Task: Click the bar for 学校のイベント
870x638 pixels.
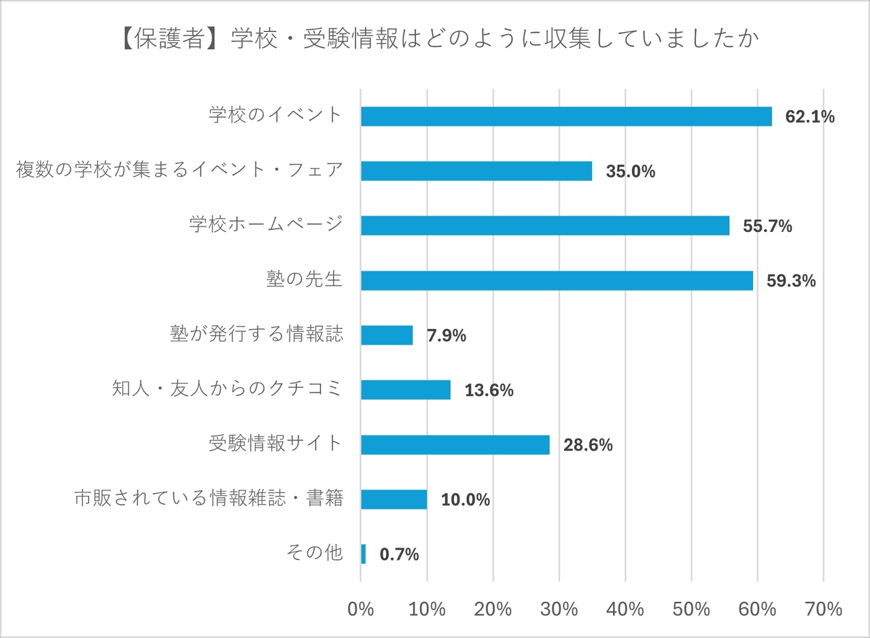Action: coord(565,117)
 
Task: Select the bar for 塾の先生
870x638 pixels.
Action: coord(556,281)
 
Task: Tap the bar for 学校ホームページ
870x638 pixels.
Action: coord(544,226)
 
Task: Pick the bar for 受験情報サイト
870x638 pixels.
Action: coord(455,445)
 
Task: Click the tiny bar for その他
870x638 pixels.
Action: coord(363,554)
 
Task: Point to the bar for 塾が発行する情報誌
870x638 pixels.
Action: coord(386,335)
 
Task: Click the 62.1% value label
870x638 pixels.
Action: coord(810,117)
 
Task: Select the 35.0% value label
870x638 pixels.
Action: coord(630,171)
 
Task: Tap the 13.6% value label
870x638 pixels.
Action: coord(489,390)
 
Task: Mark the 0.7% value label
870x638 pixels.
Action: coord(399,555)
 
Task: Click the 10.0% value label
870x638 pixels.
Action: coord(465,500)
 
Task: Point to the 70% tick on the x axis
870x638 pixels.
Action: coord(823,609)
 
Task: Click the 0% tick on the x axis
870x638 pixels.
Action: coord(361,609)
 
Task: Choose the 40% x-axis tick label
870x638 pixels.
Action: coord(625,609)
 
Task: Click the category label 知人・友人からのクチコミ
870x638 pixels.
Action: coord(227,389)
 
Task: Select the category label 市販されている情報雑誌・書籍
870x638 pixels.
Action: coord(208,499)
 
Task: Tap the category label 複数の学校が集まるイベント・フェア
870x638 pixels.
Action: coord(179,170)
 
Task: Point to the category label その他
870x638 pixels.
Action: coord(316,553)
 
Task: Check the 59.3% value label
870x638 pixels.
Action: coord(790,281)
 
